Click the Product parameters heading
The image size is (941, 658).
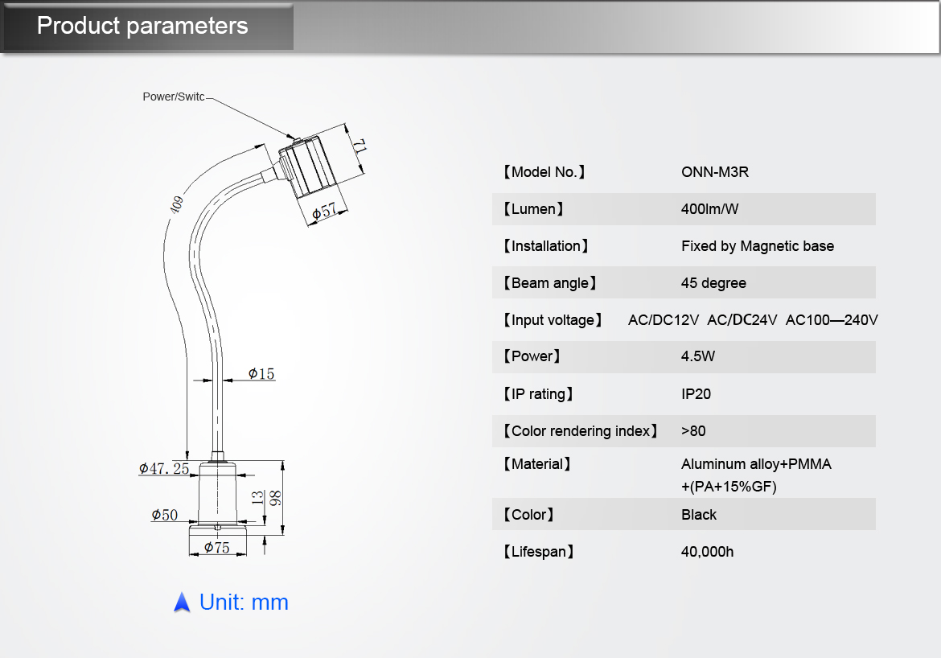pyautogui.click(x=142, y=26)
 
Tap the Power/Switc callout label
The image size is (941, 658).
pyautogui.click(x=173, y=97)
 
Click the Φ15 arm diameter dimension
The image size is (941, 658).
pyautogui.click(x=261, y=373)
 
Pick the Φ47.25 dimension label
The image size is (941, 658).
pyautogui.click(x=164, y=468)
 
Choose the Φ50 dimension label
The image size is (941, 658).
pyautogui.click(x=165, y=515)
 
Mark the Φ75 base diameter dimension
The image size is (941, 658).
pyautogui.click(x=216, y=548)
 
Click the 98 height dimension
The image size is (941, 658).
pyautogui.click(x=275, y=498)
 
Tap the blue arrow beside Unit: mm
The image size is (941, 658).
pyautogui.click(x=182, y=602)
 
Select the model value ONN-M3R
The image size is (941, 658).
pyautogui.click(x=715, y=172)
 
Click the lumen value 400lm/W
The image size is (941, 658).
pyautogui.click(x=709, y=209)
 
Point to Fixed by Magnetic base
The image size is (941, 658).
pyautogui.click(x=757, y=246)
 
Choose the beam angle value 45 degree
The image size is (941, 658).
pyautogui.click(x=713, y=283)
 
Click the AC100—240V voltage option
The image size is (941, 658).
pyautogui.click(x=831, y=320)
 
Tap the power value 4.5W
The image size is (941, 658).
pyautogui.click(x=697, y=356)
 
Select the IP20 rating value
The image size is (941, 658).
pyautogui.click(x=696, y=394)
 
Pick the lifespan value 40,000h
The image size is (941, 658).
pyautogui.click(x=707, y=552)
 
